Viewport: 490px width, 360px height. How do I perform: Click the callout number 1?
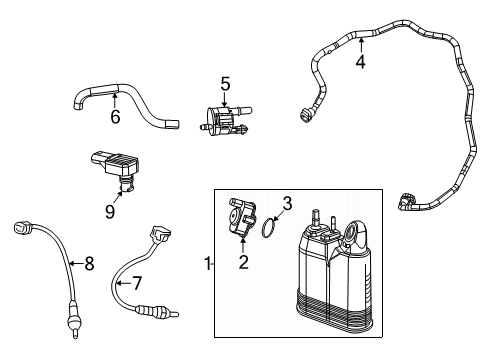(207, 264)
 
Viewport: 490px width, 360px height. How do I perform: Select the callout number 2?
(241, 263)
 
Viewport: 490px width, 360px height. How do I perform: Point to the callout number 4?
(361, 62)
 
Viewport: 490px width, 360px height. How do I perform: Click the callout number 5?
(226, 84)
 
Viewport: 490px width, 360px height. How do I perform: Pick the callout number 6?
(115, 117)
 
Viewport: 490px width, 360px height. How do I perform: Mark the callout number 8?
(88, 264)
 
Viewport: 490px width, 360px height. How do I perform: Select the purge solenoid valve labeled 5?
(226, 118)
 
